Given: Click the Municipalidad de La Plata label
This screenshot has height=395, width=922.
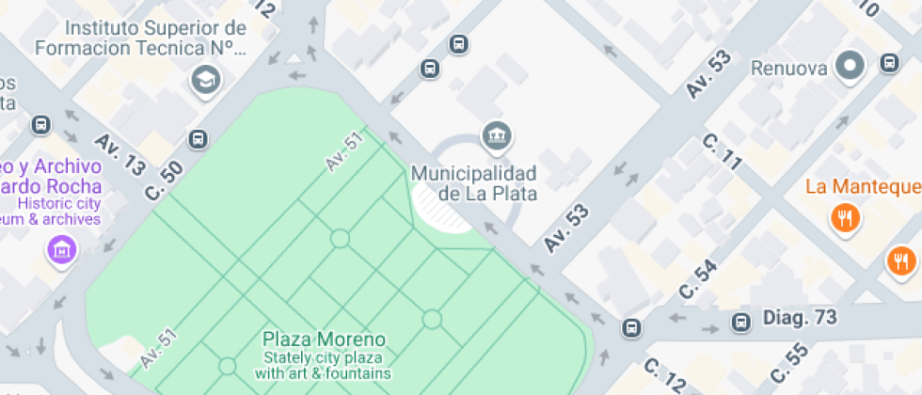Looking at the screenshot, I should pos(474,183).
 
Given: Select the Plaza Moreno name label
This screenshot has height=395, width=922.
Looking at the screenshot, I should pos(324,339).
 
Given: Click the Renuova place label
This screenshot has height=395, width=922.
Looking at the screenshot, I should pos(788,68).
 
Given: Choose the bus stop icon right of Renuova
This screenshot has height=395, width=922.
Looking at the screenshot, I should pos(889,63).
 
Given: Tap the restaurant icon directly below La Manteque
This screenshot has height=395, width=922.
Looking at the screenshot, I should pos(845,219).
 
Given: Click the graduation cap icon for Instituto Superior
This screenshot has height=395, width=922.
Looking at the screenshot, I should pos(203,81).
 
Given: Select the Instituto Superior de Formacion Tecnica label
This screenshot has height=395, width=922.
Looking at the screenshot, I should pos(142,37).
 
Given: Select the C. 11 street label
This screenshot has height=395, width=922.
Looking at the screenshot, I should pos(723,152).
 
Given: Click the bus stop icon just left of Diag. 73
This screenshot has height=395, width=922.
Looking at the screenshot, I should pos(741,322).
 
